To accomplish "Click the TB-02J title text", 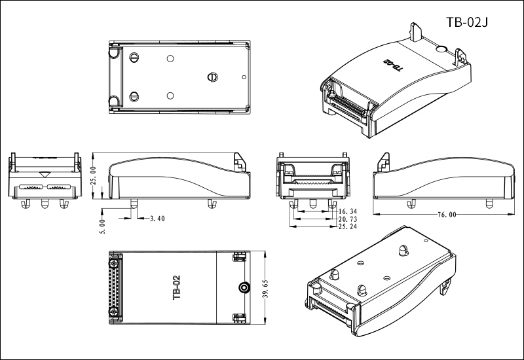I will pos(468,22).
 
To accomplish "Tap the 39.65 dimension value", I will pos(265,287).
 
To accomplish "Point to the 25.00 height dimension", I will pos(94,177).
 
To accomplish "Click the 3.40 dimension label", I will pos(157,218).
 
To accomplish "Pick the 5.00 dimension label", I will pos(101,223).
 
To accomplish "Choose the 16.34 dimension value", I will pos(348,211).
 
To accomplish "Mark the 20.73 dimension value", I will pos(348,219).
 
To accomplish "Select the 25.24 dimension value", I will pos(348,227).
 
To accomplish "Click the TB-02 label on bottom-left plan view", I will pos(176,287).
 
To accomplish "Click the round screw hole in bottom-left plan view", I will pos(244,287).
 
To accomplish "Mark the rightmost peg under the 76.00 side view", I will pos(488,204).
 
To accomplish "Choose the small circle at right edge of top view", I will pos(245,77).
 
